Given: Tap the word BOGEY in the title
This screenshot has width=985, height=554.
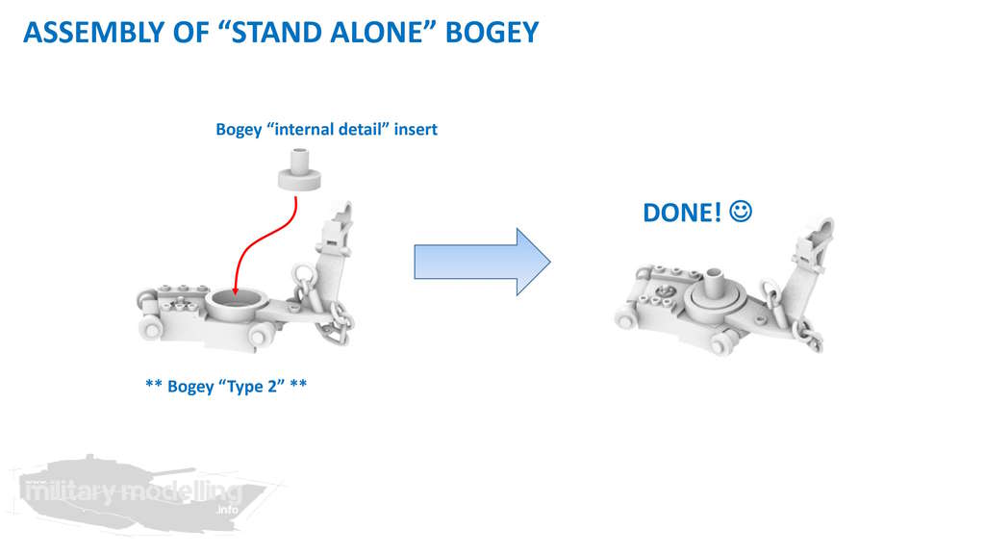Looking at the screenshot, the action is pos(492,33).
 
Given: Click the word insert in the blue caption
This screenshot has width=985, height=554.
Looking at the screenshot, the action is pos(416,130).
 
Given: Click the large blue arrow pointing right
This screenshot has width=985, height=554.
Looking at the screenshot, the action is pos(482,262).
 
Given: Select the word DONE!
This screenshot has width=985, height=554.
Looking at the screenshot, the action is pos(682,213).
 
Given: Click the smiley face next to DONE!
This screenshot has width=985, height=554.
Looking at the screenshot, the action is pos(741,212).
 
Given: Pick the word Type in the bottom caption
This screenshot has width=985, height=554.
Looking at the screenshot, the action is pos(245,387).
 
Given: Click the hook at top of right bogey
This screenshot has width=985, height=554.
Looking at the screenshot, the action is pos(823,231).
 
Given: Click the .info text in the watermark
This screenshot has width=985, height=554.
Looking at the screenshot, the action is pos(227,510).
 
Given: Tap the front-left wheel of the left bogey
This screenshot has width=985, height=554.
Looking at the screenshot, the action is pos(151,329).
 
